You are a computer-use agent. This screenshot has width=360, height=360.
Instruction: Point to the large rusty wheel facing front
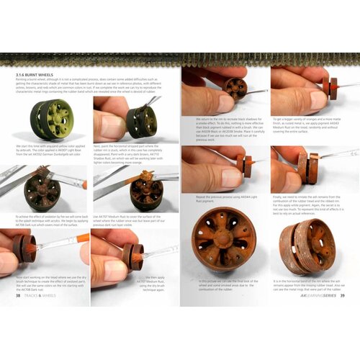point(223,238)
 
